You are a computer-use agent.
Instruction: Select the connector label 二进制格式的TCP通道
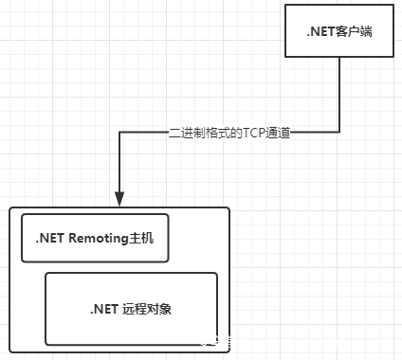[x=227, y=135]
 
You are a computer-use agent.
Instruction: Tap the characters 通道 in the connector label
[x=277, y=135]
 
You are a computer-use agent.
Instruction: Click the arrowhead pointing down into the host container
[x=119, y=199]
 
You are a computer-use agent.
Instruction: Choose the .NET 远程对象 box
[x=131, y=309]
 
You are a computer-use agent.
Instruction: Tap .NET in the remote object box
[x=103, y=309]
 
